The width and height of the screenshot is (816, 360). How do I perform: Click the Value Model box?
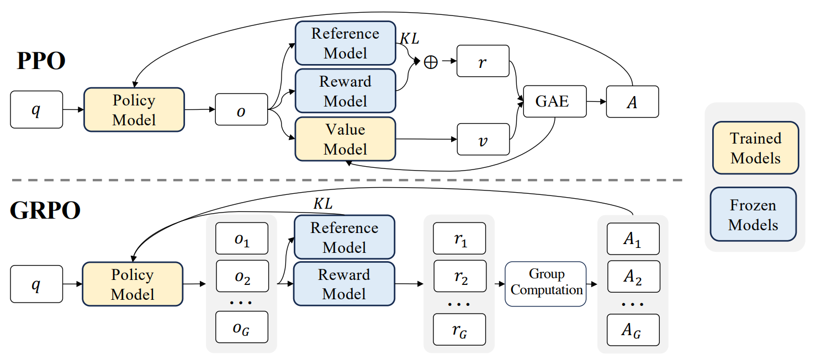345,139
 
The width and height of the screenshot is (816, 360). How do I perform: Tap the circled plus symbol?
430,62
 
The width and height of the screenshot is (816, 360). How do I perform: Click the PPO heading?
41,61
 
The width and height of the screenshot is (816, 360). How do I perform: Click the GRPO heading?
45,211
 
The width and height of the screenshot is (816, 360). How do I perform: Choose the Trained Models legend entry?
755,148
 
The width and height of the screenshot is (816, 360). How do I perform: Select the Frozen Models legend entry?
753,215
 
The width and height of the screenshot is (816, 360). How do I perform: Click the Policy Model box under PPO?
134,110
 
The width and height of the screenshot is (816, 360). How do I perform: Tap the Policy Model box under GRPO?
132,284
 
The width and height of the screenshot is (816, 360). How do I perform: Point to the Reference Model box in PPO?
345,43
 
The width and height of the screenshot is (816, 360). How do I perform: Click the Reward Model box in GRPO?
344,284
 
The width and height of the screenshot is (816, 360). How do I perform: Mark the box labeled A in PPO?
632,102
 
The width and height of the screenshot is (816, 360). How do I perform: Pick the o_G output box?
241,327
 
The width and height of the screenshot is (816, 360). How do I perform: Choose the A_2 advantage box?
633,277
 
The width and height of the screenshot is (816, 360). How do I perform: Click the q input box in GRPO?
36,284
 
